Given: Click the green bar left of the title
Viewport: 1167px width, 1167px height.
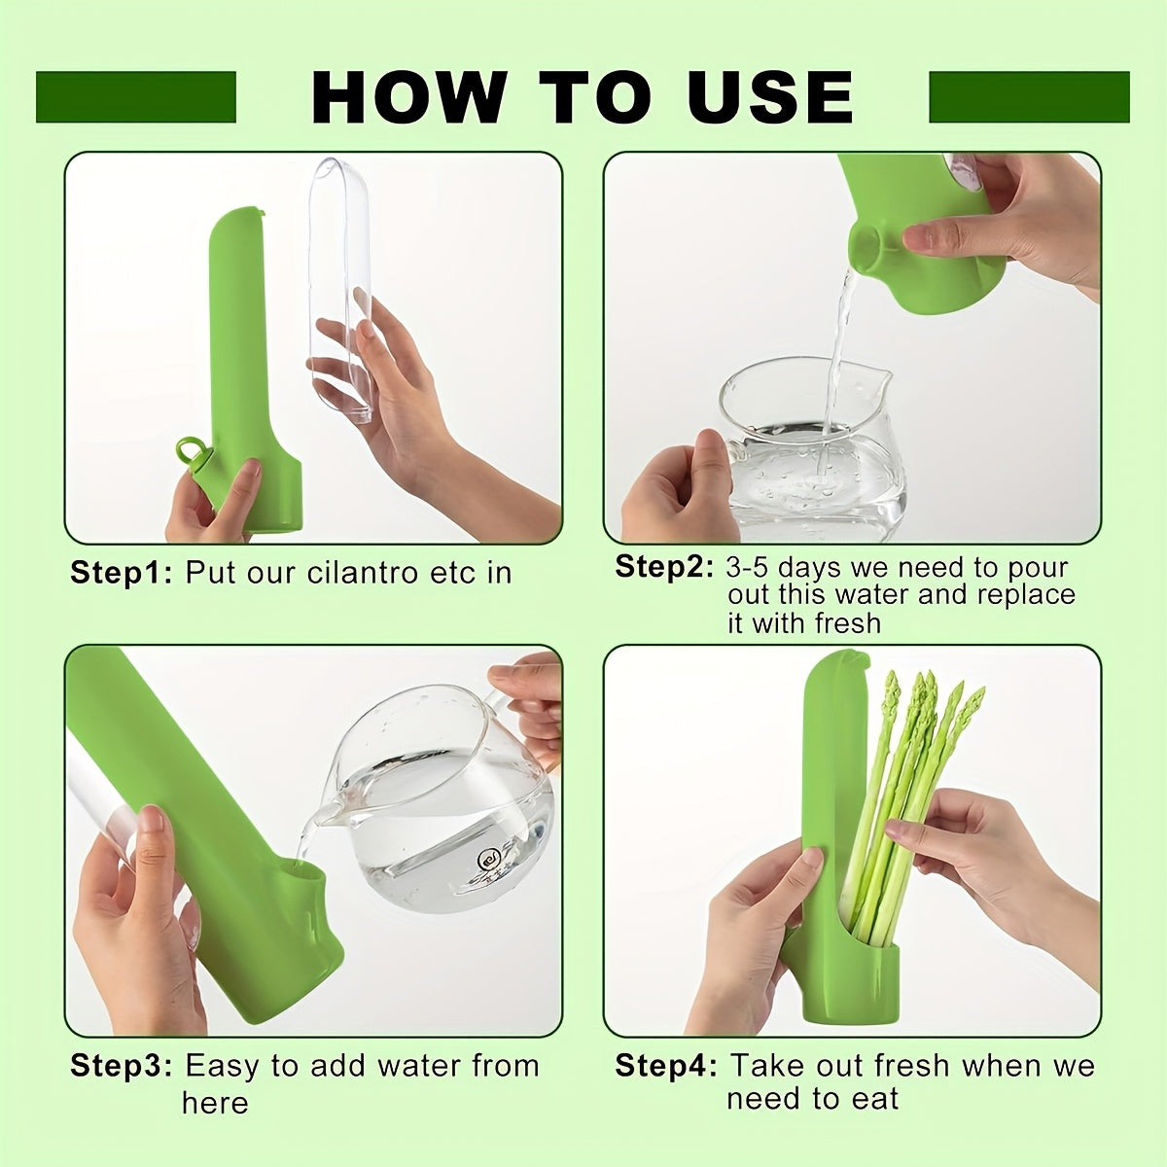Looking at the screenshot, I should click(x=136, y=97).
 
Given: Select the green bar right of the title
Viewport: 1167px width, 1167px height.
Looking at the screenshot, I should click(x=1029, y=97).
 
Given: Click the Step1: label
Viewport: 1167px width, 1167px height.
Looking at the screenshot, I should click(x=122, y=572).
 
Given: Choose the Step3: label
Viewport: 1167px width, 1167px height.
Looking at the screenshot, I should click(x=122, y=1066).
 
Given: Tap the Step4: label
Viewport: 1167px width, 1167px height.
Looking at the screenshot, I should click(x=666, y=1066).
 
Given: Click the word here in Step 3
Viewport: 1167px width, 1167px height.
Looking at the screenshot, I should click(x=215, y=1103).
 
